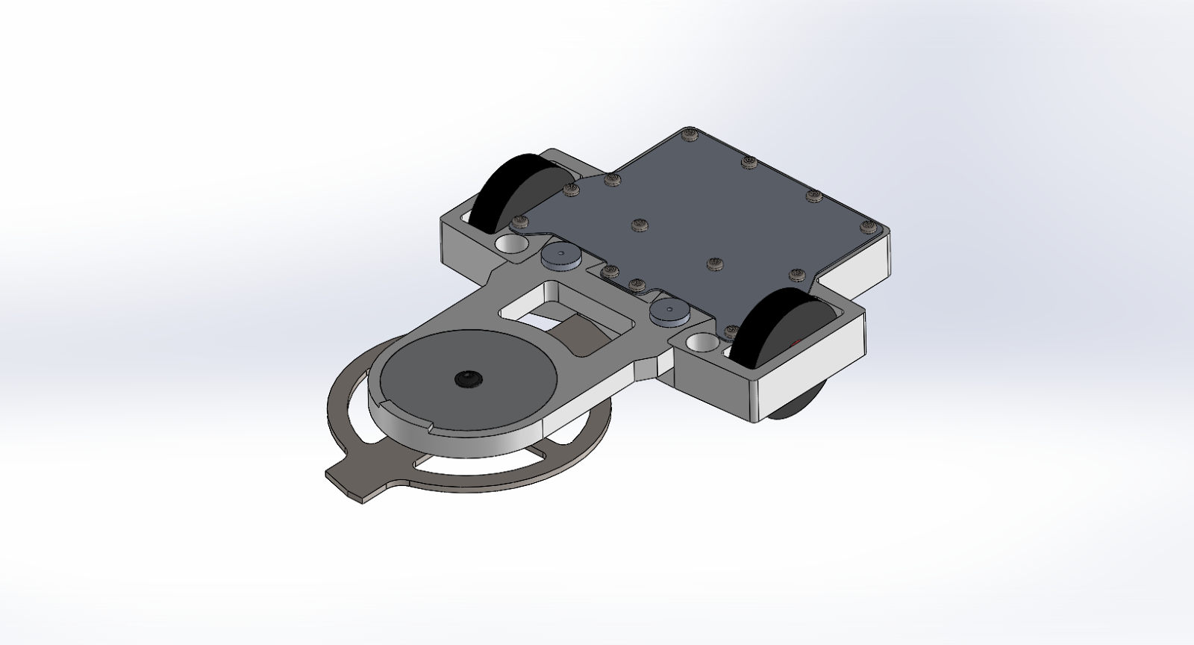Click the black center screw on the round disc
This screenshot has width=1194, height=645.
coord(467,379)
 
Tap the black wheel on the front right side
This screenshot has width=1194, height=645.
coord(776,328)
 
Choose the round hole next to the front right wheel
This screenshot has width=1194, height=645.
coord(701,343)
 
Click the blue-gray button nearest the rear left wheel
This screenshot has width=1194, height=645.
coord(561,256)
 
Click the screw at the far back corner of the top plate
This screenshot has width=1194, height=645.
coord(690,134)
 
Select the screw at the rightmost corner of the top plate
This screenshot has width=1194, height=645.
coord(866,225)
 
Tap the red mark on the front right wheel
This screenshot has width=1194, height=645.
coord(797,343)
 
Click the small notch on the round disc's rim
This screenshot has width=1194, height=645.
coord(431,428)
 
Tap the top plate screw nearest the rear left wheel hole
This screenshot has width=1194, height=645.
coord(520,222)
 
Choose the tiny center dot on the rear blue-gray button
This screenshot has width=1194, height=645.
coord(562,255)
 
